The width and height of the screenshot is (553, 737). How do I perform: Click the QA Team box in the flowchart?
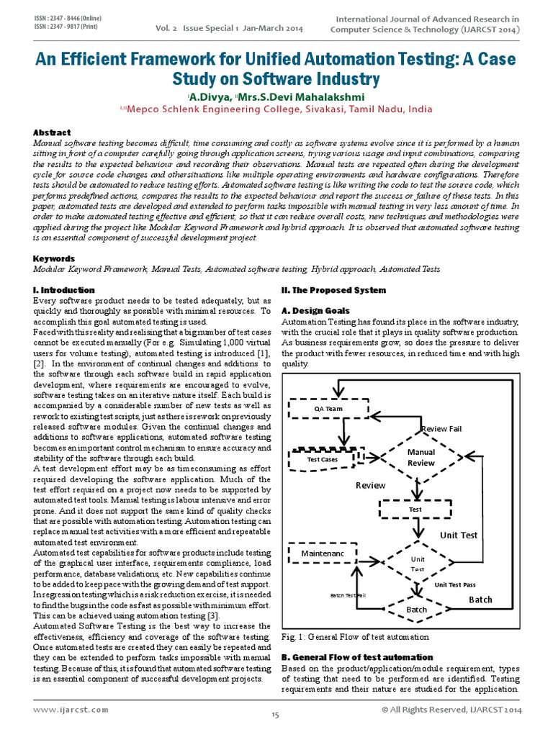tap(328, 409)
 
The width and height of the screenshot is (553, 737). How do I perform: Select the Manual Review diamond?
tap(421, 457)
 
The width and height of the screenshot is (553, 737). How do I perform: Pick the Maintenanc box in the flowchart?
tap(322, 553)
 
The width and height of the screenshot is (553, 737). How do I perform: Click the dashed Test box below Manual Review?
tap(415, 510)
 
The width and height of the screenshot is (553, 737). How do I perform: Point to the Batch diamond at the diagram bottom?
tap(416, 609)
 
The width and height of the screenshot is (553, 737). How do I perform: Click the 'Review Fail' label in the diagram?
tap(441, 429)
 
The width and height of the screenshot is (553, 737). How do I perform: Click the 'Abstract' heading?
tap(52, 132)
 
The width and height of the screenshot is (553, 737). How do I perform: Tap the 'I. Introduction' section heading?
tap(64, 290)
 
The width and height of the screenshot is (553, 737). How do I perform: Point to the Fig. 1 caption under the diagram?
tap(355, 637)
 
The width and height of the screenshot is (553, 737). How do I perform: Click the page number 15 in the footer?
tap(275, 715)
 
